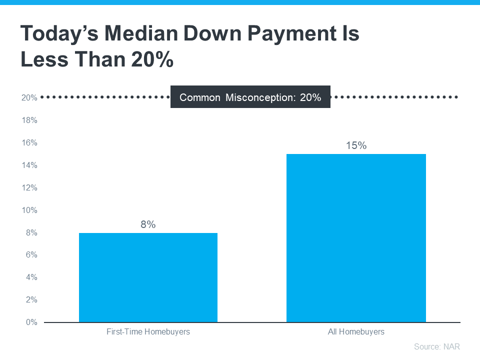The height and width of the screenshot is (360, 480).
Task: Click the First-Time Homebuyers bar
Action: click(148, 277)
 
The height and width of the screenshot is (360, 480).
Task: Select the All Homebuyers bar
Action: click(356, 238)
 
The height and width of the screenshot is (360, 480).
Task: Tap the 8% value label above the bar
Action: click(148, 224)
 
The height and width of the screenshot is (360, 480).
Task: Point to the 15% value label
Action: click(356, 146)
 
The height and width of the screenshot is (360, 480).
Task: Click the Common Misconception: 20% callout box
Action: click(250, 97)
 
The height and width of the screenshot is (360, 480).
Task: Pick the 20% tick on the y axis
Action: click(29, 98)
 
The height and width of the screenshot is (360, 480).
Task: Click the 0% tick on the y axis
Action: click(31, 322)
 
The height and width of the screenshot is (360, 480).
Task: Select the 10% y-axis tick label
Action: click(29, 210)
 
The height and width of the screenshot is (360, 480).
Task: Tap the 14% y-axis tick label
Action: click(29, 165)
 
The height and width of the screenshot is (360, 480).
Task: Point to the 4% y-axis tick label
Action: click(31, 277)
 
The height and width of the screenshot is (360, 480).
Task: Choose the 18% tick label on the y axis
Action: click(29, 120)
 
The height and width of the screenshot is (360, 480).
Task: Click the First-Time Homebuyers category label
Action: click(148, 331)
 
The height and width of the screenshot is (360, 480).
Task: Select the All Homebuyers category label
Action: click(356, 331)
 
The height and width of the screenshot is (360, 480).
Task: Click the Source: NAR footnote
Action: click(436, 346)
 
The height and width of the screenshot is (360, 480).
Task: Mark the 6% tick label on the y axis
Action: click(31, 255)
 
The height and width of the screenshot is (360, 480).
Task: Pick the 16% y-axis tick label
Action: click(29, 143)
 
